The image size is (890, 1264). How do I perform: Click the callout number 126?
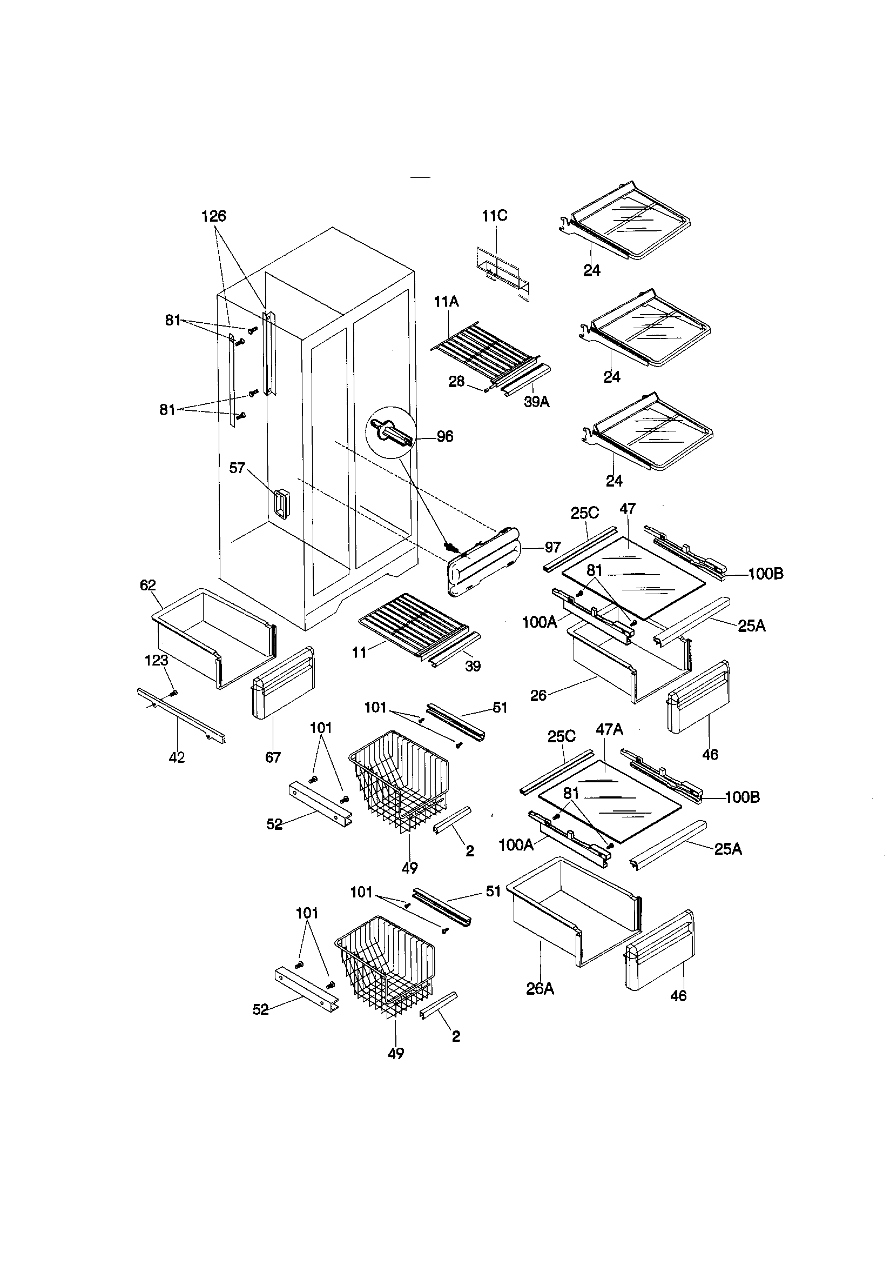[213, 216]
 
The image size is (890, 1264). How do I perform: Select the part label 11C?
[495, 216]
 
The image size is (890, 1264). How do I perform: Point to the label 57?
[237, 469]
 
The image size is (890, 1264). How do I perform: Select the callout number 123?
[156, 660]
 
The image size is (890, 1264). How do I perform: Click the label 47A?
[610, 730]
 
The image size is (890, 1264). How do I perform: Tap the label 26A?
[540, 989]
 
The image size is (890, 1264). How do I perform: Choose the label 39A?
[536, 402]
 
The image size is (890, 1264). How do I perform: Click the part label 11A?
[447, 302]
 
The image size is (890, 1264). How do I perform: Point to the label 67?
[273, 757]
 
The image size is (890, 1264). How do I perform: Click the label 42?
[177, 757]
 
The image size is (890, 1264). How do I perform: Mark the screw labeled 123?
[174, 692]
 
